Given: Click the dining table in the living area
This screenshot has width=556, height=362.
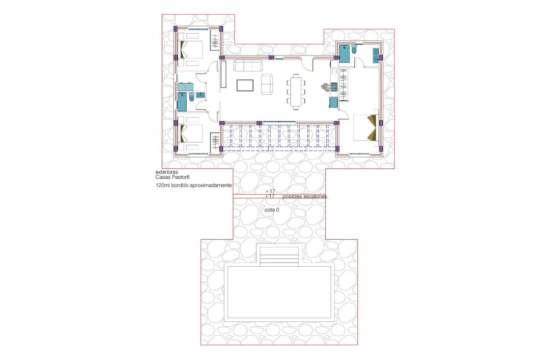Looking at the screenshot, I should click(x=296, y=90).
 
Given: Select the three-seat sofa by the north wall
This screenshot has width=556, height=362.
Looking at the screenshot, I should click(x=248, y=66).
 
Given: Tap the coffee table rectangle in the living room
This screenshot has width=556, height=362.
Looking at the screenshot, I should click(x=245, y=85).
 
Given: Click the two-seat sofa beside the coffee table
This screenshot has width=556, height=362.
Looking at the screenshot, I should click(x=267, y=84).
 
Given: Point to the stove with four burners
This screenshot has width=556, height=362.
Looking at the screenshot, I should click(x=334, y=87).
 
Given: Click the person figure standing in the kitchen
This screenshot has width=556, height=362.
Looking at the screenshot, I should click(x=326, y=87).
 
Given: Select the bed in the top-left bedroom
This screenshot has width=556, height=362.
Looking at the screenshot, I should click(x=191, y=50).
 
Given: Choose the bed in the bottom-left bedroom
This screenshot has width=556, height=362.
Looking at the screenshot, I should click(x=191, y=134).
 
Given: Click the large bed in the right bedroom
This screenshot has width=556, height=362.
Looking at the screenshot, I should click(x=365, y=128).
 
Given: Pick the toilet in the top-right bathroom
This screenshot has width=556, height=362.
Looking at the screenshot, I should click(x=354, y=51).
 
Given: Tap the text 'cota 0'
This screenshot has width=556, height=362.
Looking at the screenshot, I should click(x=272, y=210).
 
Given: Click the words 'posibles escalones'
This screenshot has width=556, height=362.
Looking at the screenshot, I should click(x=306, y=197).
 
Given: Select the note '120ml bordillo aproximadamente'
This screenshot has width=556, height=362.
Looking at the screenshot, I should click(x=194, y=185).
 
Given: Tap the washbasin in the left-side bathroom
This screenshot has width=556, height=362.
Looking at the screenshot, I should click(x=201, y=95).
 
